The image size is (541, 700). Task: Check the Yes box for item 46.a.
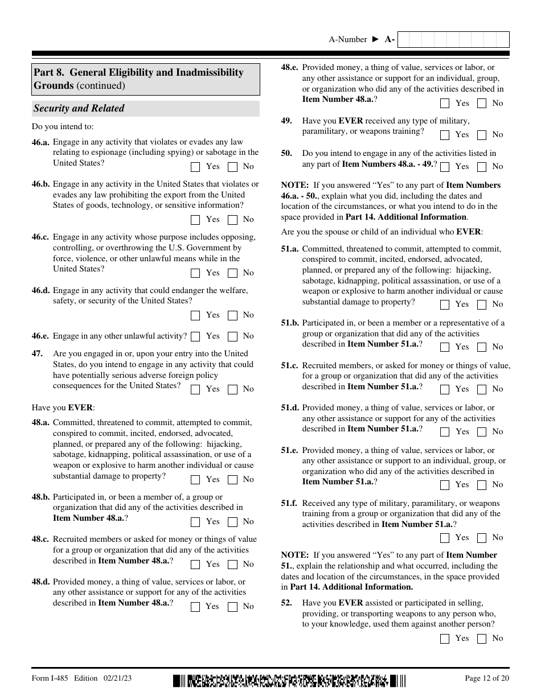(195, 167)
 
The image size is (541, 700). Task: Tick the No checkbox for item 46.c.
(232, 273)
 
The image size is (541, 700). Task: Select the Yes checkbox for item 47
(195, 389)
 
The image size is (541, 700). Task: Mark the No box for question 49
(482, 135)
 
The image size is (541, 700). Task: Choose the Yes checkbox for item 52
(445, 639)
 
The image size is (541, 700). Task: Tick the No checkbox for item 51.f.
(482, 538)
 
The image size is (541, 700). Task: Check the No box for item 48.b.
(232, 522)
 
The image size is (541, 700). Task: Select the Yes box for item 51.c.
(445, 389)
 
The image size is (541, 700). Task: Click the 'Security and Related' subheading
(79, 108)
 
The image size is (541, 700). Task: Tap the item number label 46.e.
(40, 336)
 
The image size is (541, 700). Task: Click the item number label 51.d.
(290, 407)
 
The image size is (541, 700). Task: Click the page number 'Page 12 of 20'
(487, 678)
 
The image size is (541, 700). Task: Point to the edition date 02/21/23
(118, 678)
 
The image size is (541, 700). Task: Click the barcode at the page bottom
(290, 681)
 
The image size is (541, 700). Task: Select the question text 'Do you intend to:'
(63, 126)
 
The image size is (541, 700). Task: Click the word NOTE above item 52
(294, 555)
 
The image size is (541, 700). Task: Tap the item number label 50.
(286, 153)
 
